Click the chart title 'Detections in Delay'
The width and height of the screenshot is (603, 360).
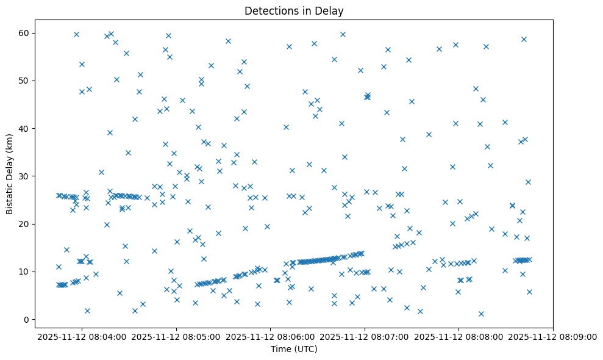pos(293,10)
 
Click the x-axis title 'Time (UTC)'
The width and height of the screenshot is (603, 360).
pos(293,349)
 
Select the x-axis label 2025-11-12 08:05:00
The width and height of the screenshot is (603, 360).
pos(177,336)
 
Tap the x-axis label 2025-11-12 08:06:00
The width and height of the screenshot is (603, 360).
pos(271,336)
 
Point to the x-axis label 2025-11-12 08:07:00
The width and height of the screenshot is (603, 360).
pos(365,336)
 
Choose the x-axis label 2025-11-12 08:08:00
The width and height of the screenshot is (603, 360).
pos(460,336)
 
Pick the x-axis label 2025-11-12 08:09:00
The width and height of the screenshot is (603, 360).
pos(554,336)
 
